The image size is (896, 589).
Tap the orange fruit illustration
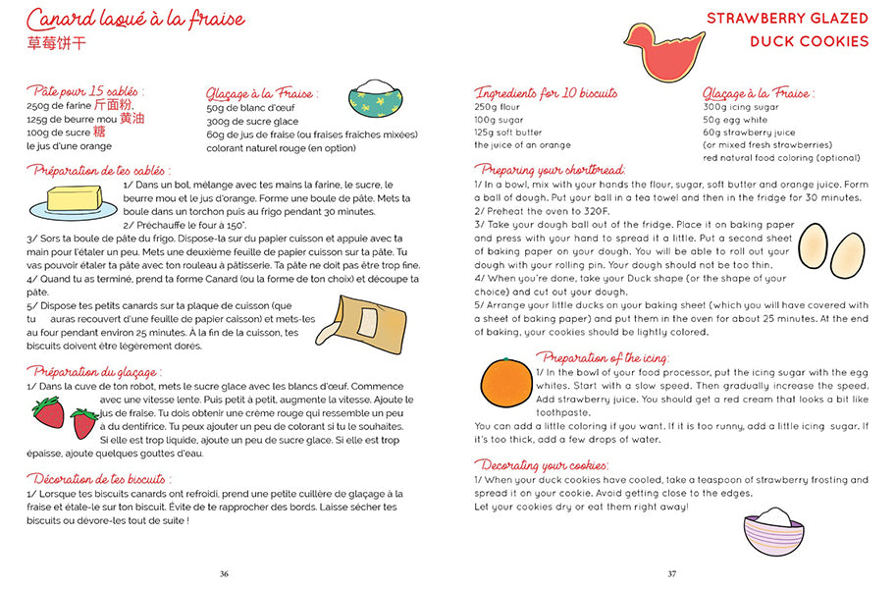(505, 383)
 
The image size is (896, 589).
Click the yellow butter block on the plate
(75, 199)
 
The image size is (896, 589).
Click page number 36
(224, 573)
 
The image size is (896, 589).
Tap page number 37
(672, 573)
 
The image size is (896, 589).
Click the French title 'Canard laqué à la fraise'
(136, 19)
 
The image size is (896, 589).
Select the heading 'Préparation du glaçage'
(94, 372)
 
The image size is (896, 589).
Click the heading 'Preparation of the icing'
(605, 358)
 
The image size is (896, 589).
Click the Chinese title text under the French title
(58, 43)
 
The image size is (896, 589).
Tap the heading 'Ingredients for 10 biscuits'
(547, 93)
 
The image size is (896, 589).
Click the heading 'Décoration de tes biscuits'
(111, 478)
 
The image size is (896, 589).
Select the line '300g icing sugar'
(741, 107)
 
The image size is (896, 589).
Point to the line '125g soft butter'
(508, 133)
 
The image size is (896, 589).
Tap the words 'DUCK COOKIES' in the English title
(810, 41)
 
